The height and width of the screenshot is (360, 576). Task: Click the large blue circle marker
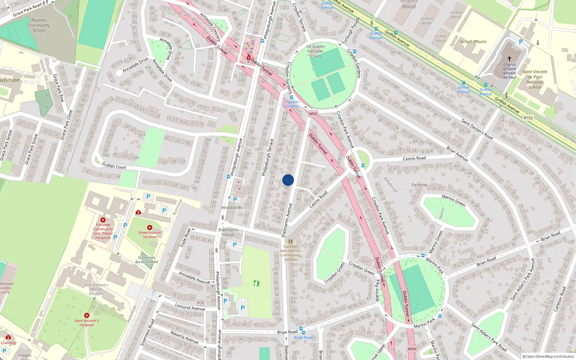tap(288, 180)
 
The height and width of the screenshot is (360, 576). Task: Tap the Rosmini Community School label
tap(39, 26)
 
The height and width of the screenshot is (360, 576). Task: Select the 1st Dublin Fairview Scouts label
tap(315, 51)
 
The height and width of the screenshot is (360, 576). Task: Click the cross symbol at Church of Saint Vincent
tap(509, 58)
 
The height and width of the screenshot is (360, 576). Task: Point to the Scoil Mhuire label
tap(473, 42)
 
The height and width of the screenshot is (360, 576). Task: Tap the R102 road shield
tap(528, 118)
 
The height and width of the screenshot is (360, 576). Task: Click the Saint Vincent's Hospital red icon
tap(86, 315)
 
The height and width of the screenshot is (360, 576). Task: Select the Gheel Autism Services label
tap(150, 235)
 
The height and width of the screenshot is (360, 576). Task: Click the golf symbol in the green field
tap(257, 283)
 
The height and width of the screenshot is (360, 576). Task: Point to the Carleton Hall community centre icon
tap(291, 242)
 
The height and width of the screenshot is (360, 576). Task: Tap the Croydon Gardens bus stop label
tap(291, 104)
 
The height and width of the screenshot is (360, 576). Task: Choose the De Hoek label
tap(419, 185)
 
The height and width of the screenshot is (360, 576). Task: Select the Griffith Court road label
tap(114, 166)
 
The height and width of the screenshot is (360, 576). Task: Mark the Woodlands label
tap(231, 208)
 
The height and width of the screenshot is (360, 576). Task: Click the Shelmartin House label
tap(228, 232)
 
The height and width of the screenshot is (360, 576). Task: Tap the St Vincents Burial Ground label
tap(146, 260)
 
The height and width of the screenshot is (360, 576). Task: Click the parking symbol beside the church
tap(521, 42)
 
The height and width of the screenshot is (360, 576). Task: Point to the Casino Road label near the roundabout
tap(414, 158)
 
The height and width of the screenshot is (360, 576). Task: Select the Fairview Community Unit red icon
tap(103, 220)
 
